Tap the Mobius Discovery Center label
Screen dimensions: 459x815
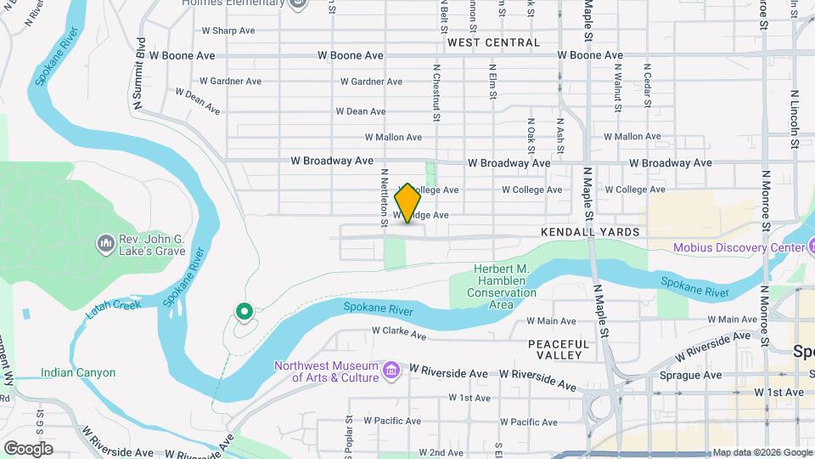tap(739, 248)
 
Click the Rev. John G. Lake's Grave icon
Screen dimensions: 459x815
tap(106, 244)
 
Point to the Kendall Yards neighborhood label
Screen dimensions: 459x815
tap(589, 232)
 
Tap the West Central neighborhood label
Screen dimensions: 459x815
tap(493, 42)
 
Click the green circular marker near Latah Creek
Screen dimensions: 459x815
tap(244, 312)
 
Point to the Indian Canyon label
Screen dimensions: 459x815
tap(77, 372)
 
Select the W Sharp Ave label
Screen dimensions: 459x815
tap(228, 31)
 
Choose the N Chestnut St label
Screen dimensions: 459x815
tap(436, 93)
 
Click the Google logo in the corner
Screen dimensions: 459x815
tap(28, 448)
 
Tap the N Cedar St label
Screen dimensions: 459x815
tap(647, 85)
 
